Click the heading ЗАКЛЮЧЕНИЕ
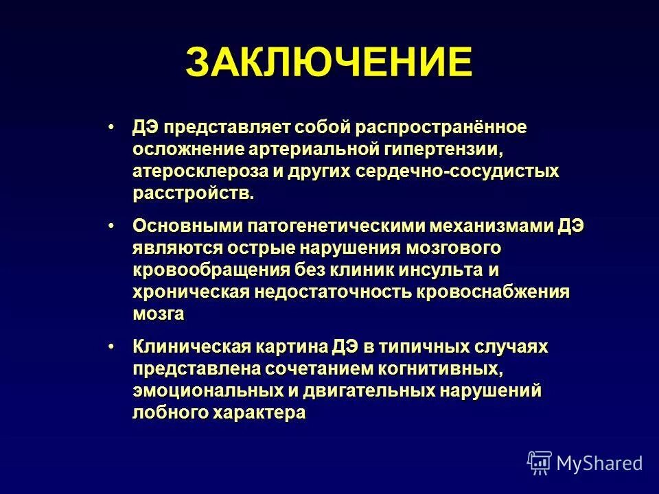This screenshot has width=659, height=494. [329, 63]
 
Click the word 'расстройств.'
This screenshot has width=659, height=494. [193, 193]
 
